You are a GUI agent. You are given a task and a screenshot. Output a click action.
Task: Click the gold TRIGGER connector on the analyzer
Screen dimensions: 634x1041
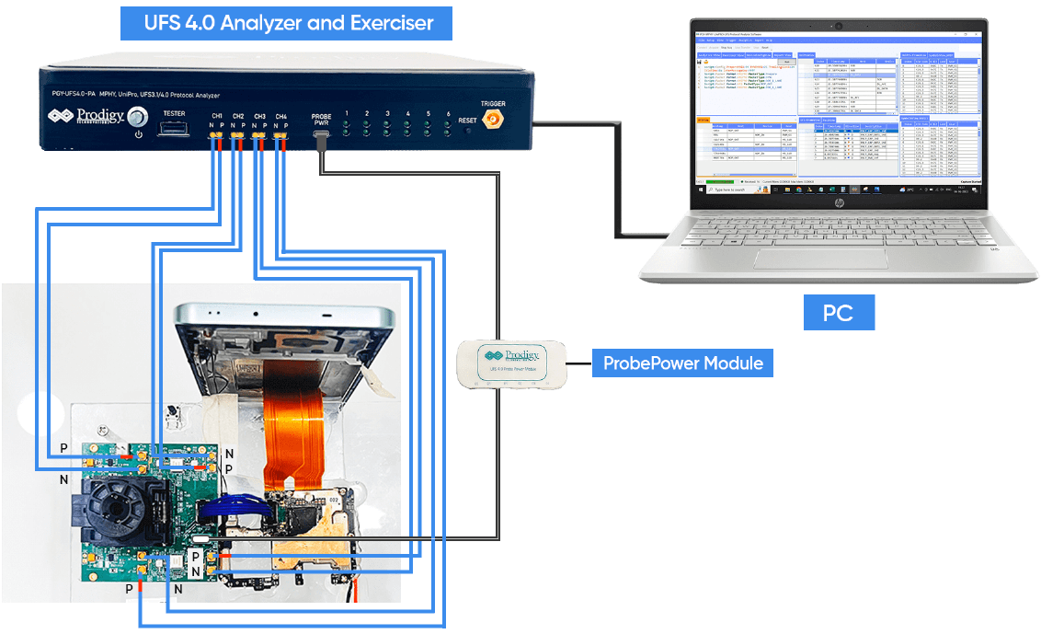[492, 120]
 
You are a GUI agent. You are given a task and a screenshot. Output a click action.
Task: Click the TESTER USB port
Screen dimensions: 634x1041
[174, 127]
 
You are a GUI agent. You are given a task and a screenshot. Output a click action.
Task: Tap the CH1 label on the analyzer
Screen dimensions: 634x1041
[217, 116]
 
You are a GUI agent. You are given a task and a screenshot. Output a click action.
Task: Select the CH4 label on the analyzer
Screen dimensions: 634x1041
[281, 116]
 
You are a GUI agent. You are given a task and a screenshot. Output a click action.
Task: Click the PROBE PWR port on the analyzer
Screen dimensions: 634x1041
[322, 137]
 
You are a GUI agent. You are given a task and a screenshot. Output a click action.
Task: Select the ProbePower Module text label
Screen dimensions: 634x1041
[683, 363]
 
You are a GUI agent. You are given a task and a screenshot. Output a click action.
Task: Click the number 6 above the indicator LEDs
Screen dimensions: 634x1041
[448, 114]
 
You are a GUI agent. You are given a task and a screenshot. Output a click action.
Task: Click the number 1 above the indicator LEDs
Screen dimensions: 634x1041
[347, 114]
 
